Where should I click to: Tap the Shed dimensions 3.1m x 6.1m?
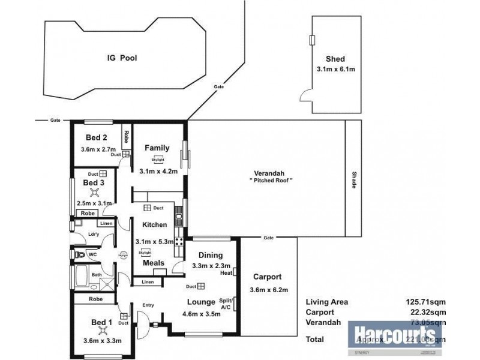point(336,70)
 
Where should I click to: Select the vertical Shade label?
point(355,179)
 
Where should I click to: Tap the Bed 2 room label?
point(96,137)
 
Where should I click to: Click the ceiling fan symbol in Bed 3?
point(94,193)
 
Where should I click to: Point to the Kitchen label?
point(154,224)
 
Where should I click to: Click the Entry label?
point(148,305)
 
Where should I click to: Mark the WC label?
point(92,254)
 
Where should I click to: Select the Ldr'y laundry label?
point(93,234)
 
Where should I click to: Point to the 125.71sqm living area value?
point(428,302)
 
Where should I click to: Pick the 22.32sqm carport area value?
point(430,312)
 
